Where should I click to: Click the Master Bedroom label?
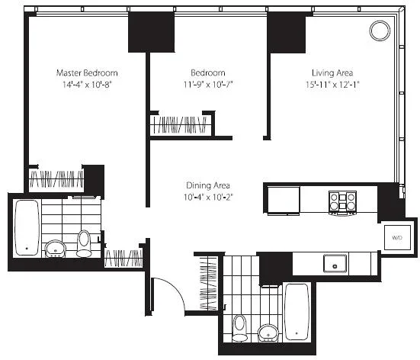click(x=87, y=73)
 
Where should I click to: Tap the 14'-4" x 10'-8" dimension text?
click(x=87, y=85)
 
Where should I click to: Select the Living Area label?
click(x=332, y=73)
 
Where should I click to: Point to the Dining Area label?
click(x=208, y=185)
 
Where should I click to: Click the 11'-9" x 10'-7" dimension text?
click(x=208, y=85)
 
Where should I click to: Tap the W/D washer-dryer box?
click(x=397, y=237)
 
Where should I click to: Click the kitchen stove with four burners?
click(x=342, y=203)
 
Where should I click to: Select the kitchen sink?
click(x=335, y=263)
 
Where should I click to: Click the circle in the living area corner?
click(x=380, y=31)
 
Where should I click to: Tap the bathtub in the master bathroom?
click(x=27, y=228)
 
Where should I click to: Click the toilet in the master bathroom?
click(x=84, y=243)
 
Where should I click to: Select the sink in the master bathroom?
click(x=55, y=249)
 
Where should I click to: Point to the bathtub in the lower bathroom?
click(x=297, y=312)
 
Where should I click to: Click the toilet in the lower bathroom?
click(x=240, y=328)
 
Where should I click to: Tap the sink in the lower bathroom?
click(x=268, y=333)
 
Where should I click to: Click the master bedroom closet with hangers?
click(x=56, y=178)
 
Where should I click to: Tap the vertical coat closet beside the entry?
click(x=208, y=283)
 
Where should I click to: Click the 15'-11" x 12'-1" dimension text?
click(x=332, y=85)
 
